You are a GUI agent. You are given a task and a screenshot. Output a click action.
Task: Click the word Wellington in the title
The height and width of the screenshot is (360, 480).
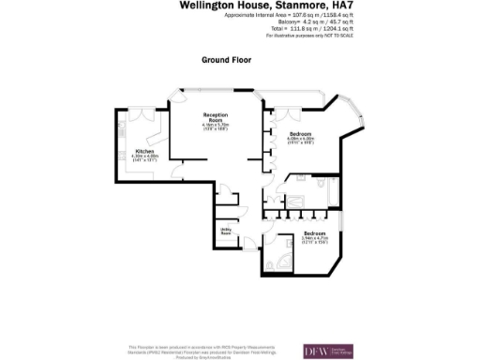point(205,6)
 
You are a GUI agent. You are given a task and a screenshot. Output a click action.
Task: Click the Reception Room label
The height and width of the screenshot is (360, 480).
point(217,117)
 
